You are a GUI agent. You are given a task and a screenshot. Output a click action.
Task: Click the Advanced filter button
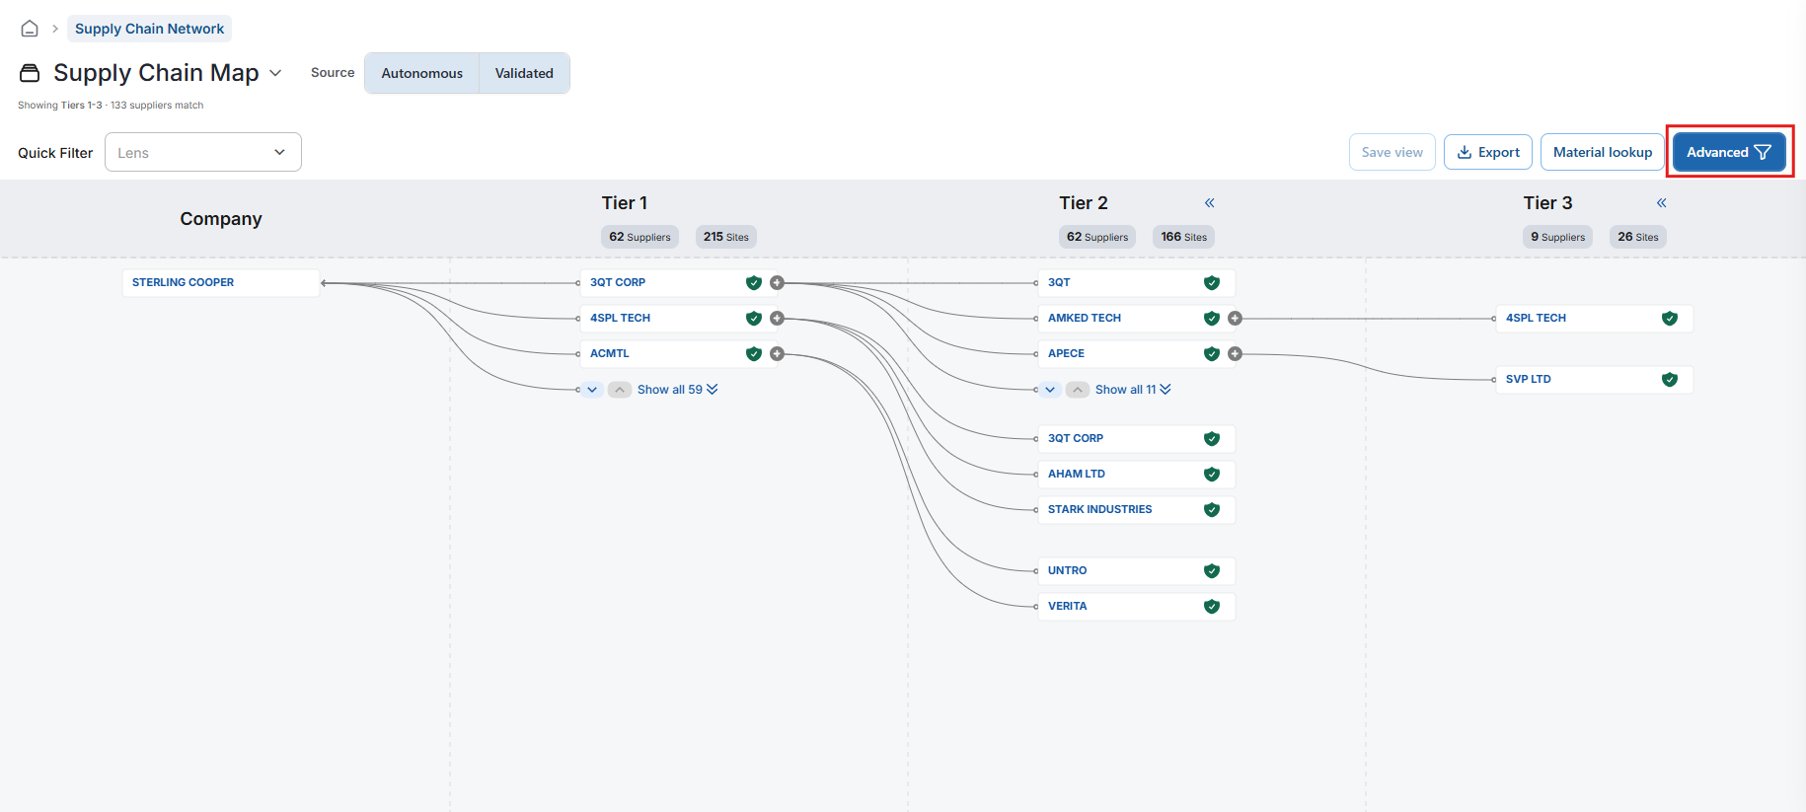(x=1729, y=152)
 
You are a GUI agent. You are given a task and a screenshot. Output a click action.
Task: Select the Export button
(x=1488, y=152)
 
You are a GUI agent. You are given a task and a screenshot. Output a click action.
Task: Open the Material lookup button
(x=1602, y=152)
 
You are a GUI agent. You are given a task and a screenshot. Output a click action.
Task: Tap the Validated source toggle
(x=524, y=73)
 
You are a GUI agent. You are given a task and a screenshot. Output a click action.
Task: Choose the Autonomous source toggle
(x=422, y=73)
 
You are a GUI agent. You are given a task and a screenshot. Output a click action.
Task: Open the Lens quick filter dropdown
(x=203, y=152)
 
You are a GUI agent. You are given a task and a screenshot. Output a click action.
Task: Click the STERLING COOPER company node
(x=221, y=283)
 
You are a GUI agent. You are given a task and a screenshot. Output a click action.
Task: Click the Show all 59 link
(x=677, y=390)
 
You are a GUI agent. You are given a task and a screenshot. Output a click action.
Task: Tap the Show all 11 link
(x=1133, y=390)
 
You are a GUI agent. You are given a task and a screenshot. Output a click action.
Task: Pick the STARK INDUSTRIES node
(x=1136, y=510)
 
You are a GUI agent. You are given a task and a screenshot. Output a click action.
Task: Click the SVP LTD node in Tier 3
(x=1594, y=380)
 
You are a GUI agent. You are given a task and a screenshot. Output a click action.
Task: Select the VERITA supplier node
(x=1136, y=607)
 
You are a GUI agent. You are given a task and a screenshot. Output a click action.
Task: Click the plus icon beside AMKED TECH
(x=1235, y=319)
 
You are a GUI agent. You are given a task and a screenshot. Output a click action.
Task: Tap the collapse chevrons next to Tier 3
(x=1662, y=203)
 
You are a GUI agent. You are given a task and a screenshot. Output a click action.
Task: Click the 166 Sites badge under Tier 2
(x=1184, y=237)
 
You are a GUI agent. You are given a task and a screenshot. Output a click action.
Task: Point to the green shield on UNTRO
(x=1212, y=571)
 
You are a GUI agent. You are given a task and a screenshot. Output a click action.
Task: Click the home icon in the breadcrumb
(x=30, y=29)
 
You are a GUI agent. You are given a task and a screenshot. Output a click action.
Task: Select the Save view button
(x=1392, y=152)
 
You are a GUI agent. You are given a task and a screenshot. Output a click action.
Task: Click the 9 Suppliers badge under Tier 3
(x=1557, y=237)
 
